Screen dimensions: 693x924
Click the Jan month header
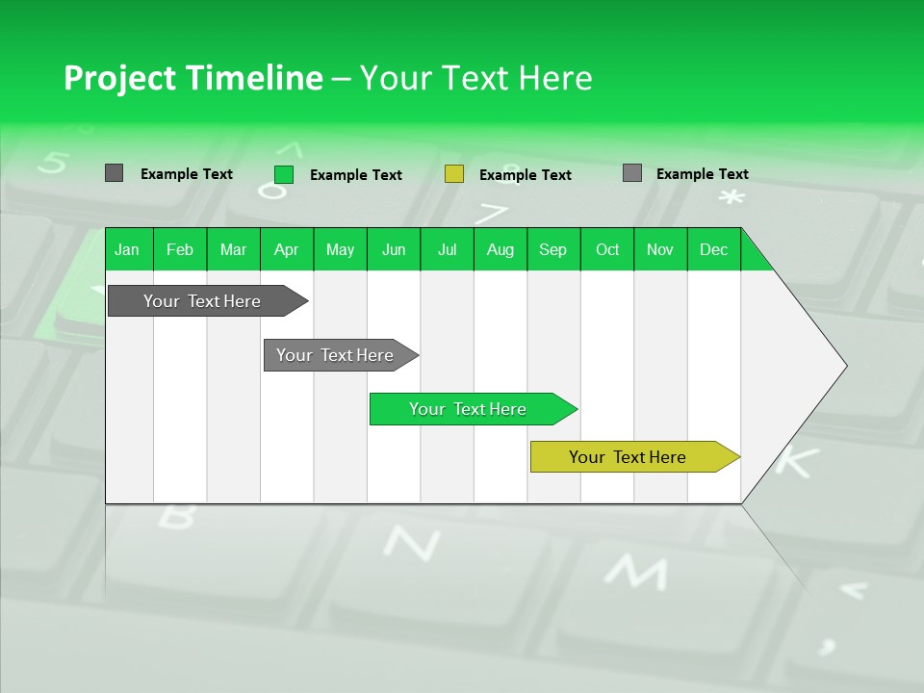[x=127, y=249]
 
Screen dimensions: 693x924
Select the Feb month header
[x=180, y=249]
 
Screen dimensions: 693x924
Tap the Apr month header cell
[x=286, y=249]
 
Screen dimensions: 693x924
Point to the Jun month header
[x=394, y=249]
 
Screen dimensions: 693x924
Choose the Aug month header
[x=500, y=249]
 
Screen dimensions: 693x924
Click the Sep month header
[x=552, y=249]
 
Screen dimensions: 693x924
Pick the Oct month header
[x=607, y=249]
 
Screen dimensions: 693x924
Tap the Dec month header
[x=713, y=249]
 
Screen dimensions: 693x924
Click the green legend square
[x=284, y=174]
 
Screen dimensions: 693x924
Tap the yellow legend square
[x=454, y=174]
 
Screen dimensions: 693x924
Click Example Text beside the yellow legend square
[x=526, y=175]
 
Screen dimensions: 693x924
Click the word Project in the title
[x=118, y=78]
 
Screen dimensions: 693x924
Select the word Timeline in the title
[x=253, y=78]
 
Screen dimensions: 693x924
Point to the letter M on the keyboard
[x=634, y=572]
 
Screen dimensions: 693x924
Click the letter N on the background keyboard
[x=412, y=544]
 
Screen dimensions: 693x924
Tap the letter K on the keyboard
[x=795, y=460]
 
